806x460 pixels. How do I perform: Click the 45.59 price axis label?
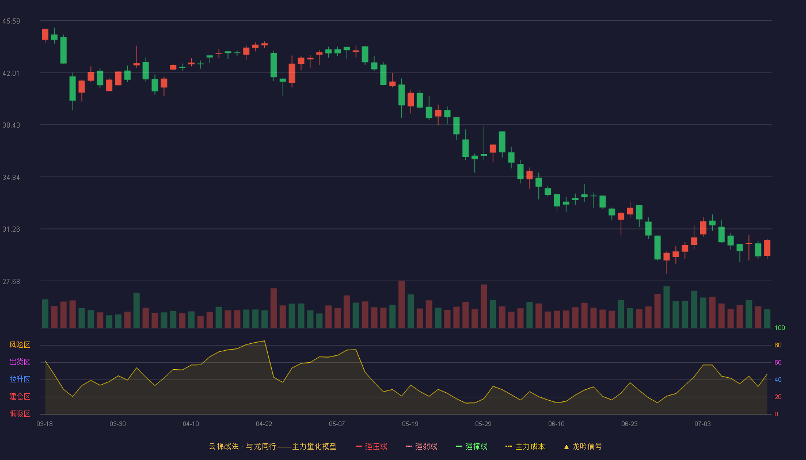11,21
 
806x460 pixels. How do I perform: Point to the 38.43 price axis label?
11,125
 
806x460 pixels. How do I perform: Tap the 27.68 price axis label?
11,281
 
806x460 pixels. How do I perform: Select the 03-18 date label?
45,424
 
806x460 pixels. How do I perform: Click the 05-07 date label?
337,424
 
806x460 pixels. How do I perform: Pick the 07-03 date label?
702,424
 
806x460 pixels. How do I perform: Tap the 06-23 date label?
629,424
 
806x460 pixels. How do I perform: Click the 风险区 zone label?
20,344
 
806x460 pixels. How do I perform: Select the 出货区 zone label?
20,362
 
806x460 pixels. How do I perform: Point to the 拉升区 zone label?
20,379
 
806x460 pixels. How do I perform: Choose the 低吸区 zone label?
20,413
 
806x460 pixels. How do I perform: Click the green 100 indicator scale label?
780,328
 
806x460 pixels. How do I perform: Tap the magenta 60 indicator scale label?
778,362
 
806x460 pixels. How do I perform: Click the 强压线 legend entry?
371,446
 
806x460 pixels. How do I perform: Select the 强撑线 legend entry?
472,446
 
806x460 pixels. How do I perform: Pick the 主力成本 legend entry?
525,446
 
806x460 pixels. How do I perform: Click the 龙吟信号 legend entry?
583,446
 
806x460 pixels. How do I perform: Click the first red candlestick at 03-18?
45,35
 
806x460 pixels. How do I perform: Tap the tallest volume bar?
402,304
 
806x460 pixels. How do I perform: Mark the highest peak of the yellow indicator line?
264,340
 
